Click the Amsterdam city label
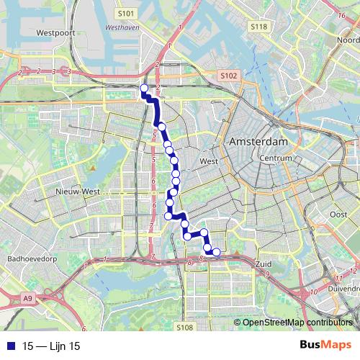(x=258, y=143)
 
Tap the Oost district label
(x=338, y=215)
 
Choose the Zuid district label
(x=264, y=265)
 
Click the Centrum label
(x=276, y=158)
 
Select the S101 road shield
(x=125, y=13)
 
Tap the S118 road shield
(x=259, y=26)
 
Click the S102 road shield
(x=229, y=75)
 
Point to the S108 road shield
(x=184, y=328)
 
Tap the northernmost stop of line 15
(x=143, y=89)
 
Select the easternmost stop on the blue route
(x=215, y=251)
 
